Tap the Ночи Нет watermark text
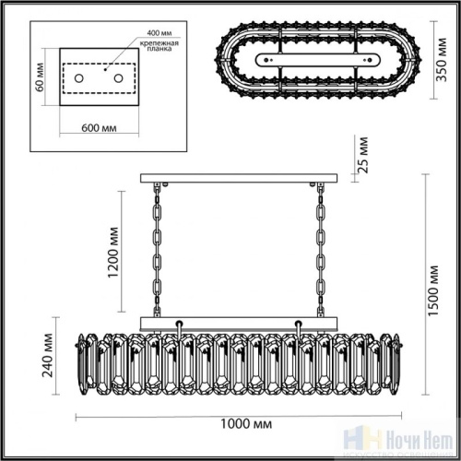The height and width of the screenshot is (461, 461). click(x=422, y=441)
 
